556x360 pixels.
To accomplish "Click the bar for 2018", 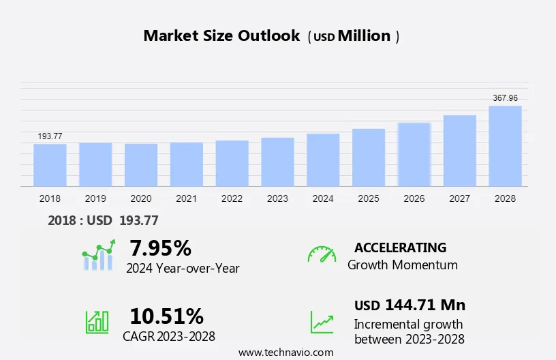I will click(x=50, y=164).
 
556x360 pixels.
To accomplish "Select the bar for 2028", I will click(x=505, y=146).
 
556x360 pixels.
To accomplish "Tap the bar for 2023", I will click(x=277, y=162).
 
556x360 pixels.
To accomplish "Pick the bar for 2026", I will click(x=414, y=154).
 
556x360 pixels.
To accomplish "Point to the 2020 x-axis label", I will click(x=140, y=198).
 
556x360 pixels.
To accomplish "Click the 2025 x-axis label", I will click(x=368, y=198).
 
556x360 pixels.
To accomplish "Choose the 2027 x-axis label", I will click(x=459, y=198).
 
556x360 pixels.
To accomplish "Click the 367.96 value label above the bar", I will click(x=505, y=98).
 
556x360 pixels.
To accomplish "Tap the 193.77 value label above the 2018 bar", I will click(x=50, y=136).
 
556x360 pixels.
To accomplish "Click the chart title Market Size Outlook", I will click(x=221, y=36).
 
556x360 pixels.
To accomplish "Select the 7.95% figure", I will click(x=160, y=247).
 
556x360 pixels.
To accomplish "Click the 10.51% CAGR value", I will click(x=166, y=316).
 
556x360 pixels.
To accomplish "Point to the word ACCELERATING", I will click(x=400, y=247).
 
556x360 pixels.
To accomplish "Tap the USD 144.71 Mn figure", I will click(x=410, y=305).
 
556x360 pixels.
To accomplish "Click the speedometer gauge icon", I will click(x=322, y=254).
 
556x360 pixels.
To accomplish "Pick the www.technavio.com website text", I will click(x=286, y=352).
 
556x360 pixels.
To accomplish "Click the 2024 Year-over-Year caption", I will click(x=183, y=268).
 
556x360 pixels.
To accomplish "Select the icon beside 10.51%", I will click(x=97, y=322).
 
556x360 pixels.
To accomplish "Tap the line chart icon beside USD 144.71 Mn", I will click(x=322, y=322).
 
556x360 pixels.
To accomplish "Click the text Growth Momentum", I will click(x=402, y=265).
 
